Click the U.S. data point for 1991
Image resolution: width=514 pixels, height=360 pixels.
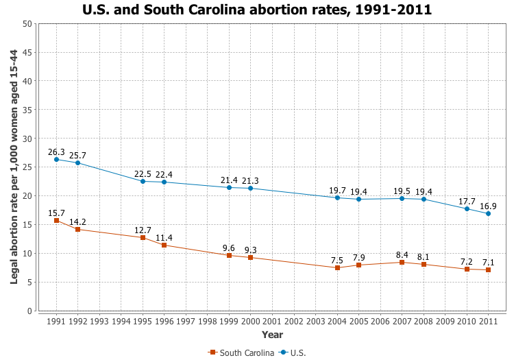click(56, 159)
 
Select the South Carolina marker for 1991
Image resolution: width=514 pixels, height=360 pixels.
click(56, 220)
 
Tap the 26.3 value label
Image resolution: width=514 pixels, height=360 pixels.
click(56, 152)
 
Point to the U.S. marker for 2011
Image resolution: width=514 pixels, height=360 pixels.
click(488, 213)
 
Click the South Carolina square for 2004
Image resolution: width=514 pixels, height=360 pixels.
click(337, 267)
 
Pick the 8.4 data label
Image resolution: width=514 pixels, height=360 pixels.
click(402, 254)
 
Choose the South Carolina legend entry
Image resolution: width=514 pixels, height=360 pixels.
click(242, 352)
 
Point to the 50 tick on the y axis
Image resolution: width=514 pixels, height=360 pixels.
click(27, 23)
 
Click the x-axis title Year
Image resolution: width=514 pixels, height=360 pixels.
click(272, 335)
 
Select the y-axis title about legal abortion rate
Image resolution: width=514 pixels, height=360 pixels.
click(14, 167)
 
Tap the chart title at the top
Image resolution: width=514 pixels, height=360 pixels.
click(257, 10)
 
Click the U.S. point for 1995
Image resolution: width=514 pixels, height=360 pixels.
click(143, 181)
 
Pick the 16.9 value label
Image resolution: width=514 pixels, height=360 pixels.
click(488, 206)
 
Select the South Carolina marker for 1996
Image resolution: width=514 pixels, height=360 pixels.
click(164, 245)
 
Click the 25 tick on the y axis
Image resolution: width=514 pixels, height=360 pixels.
click(27, 167)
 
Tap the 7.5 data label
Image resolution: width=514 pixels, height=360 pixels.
click(337, 260)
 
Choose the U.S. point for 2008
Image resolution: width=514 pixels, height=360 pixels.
click(424, 199)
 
